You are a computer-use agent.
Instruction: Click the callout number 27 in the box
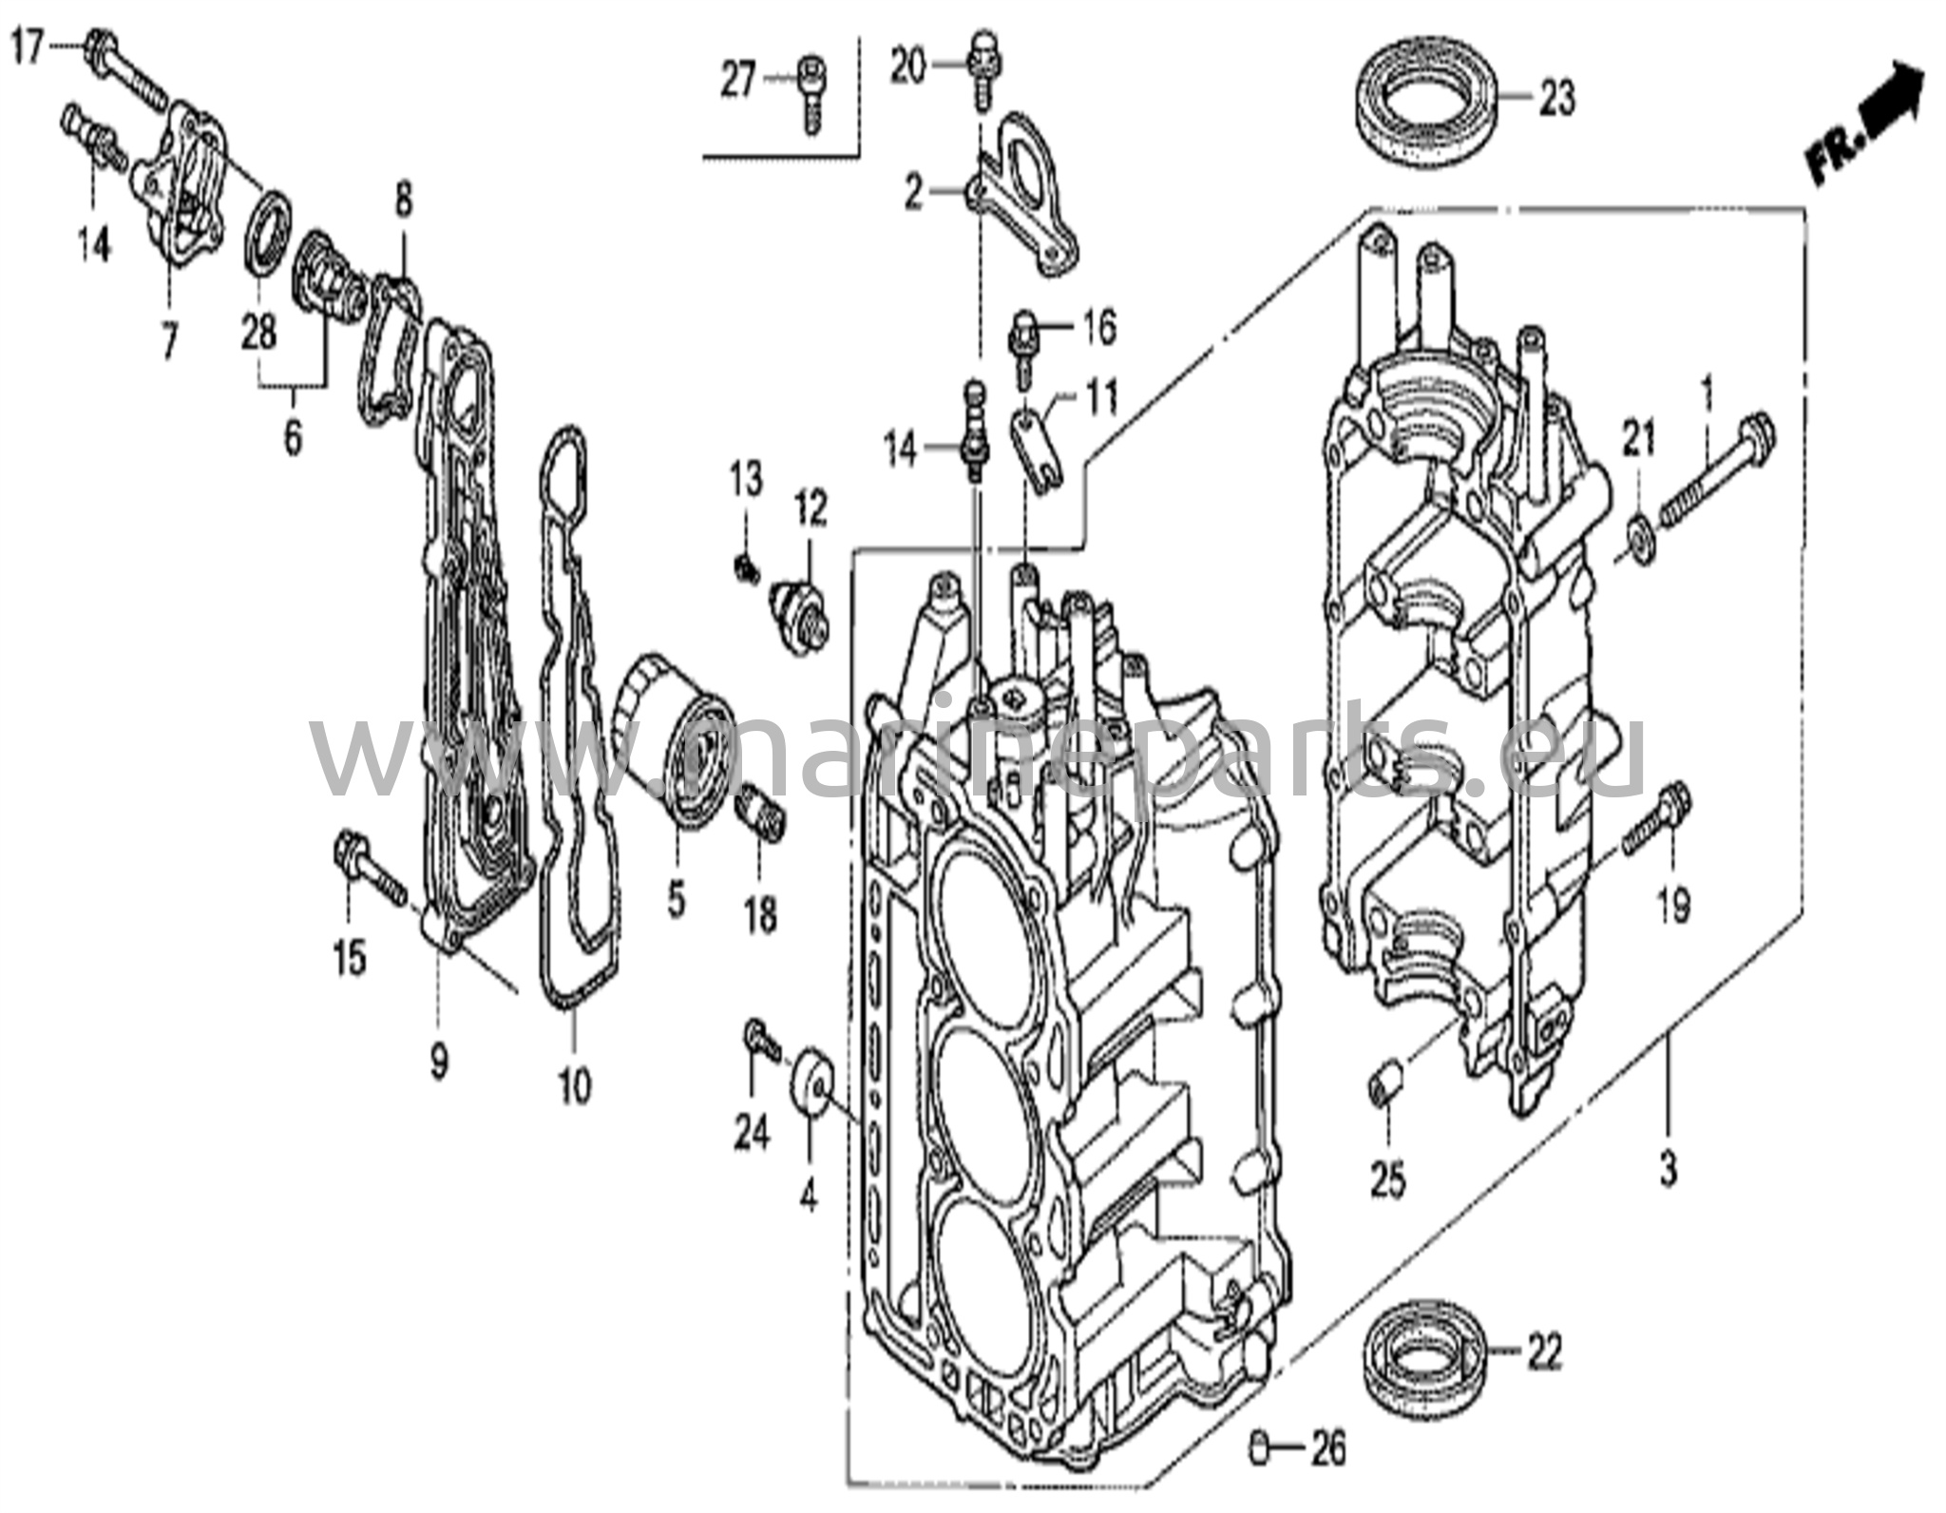pyautogui.click(x=738, y=81)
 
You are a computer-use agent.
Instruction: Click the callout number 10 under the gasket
pyautogui.click(x=574, y=1085)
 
